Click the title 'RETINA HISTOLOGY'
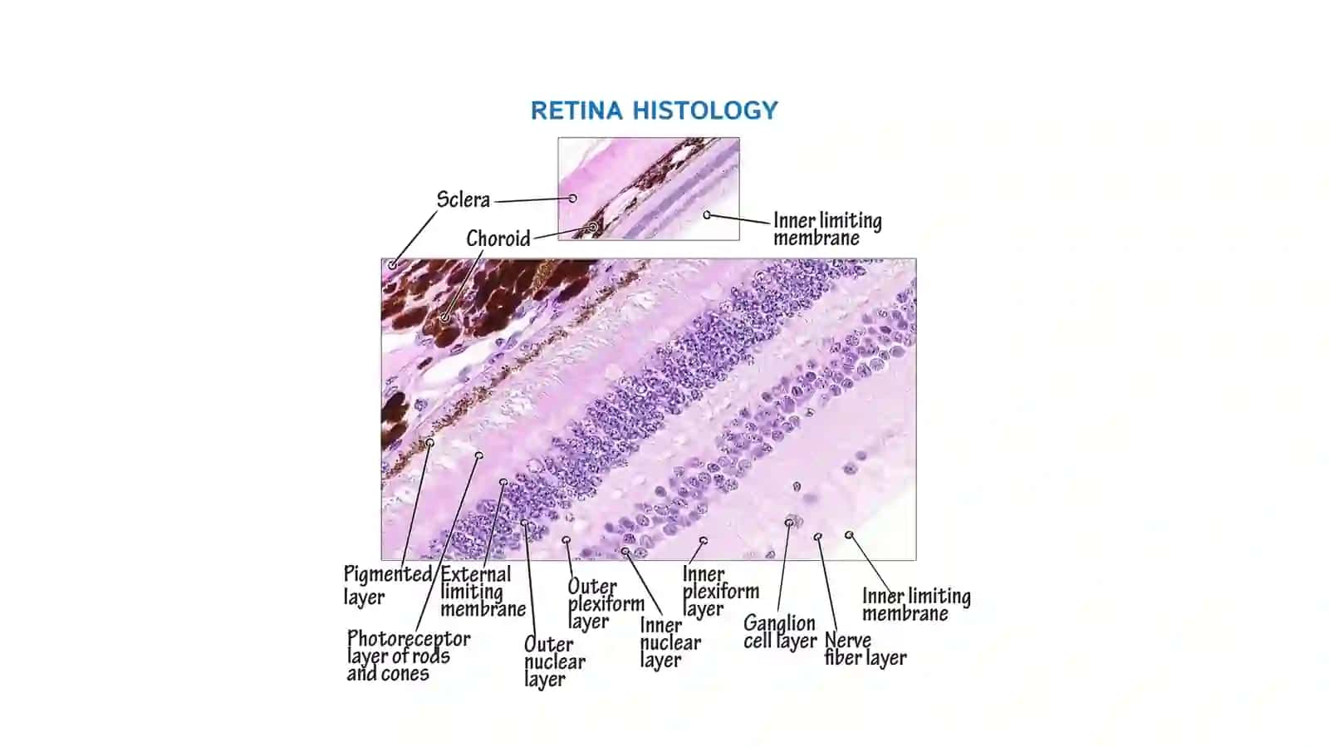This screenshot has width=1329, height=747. [654, 111]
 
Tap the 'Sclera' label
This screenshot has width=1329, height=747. [463, 199]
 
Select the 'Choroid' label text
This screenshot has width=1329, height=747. [498, 238]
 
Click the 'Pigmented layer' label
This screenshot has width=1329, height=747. [388, 584]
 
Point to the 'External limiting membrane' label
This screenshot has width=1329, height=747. [483, 591]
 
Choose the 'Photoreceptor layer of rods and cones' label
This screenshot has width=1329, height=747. [408, 656]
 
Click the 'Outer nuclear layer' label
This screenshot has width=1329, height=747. [554, 661]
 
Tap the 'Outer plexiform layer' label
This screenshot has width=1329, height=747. [606, 603]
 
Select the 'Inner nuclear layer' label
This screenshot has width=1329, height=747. [670, 642]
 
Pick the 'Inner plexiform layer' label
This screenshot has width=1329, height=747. [720, 591]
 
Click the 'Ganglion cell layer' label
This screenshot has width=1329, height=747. [780, 632]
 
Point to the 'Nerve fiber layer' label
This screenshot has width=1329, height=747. [865, 649]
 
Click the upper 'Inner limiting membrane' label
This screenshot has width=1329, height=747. [827, 229]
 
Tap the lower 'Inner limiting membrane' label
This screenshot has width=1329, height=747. [916, 605]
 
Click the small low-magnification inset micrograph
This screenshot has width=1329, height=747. [649, 189]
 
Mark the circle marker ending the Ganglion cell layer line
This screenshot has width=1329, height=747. [788, 523]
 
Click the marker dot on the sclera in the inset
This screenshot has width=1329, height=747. [572, 198]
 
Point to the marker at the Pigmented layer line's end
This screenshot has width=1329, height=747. [429, 443]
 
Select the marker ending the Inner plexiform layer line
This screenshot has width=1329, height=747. [703, 541]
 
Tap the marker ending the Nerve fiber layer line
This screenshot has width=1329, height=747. [817, 537]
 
